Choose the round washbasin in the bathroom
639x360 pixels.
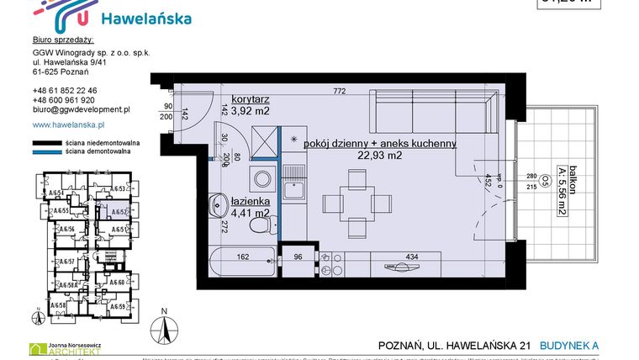(218, 203)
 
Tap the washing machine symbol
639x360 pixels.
(262, 179)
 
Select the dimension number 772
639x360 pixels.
(339, 91)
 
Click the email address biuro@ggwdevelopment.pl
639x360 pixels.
(81, 109)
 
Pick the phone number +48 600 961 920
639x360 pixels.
(64, 100)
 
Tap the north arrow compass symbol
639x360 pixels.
(165, 329)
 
